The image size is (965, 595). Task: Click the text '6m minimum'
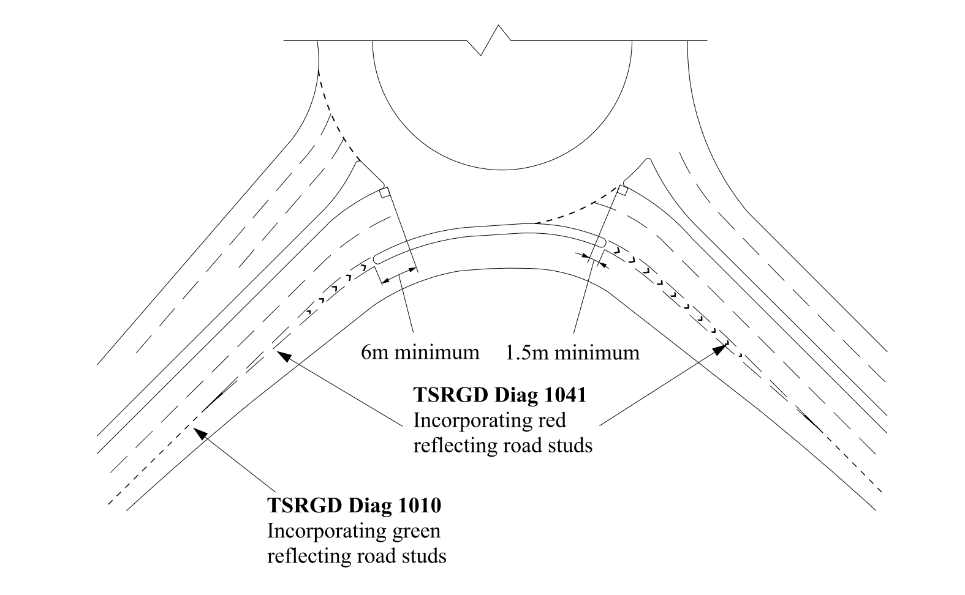coord(420,353)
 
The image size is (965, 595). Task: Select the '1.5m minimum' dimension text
coord(572,353)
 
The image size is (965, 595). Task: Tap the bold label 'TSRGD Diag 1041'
coord(499,395)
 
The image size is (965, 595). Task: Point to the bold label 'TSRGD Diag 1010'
coord(354,506)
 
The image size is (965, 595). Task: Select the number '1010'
coord(419,506)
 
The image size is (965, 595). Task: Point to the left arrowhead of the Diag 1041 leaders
coord(282,354)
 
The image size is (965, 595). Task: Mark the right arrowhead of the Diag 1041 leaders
coord(719,350)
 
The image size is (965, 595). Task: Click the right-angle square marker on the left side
coord(384,193)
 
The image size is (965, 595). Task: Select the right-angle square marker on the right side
coord(621,190)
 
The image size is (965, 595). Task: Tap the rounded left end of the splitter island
coord(377,259)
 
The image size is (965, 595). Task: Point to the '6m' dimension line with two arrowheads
coord(399,274)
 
